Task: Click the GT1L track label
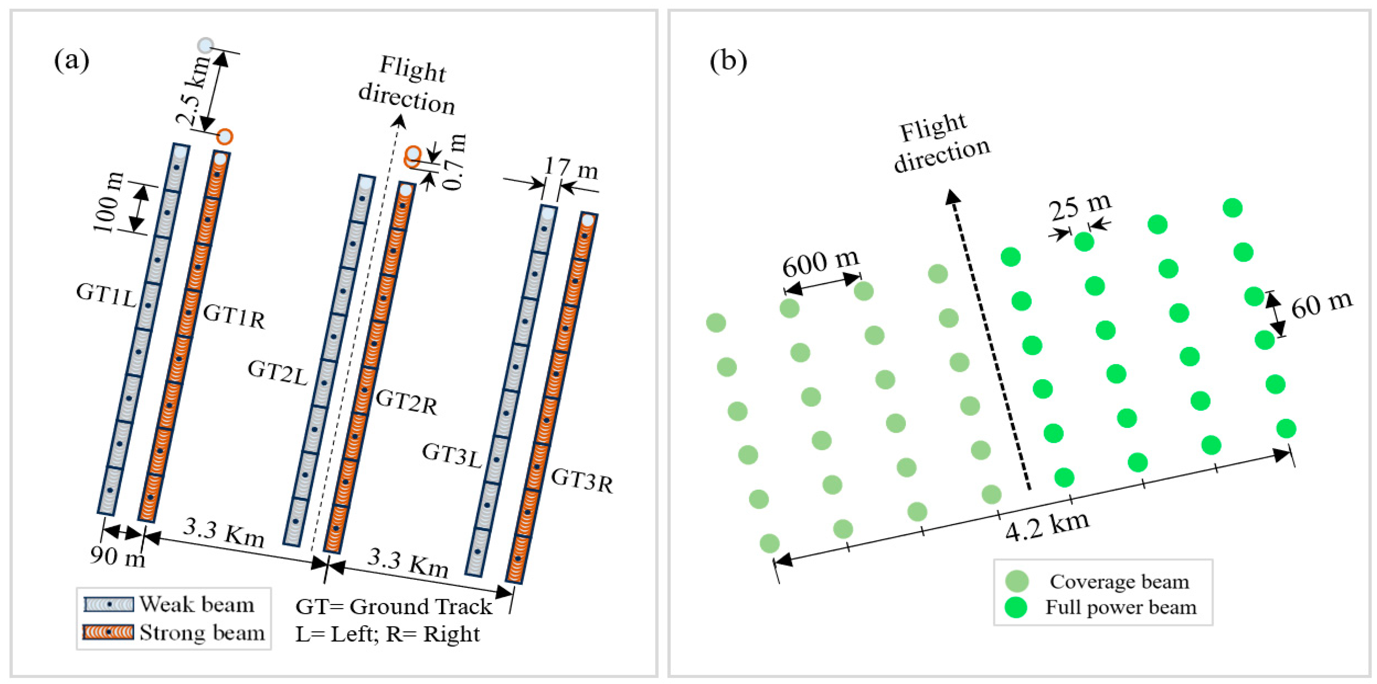pos(106,295)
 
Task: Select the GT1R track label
pos(234,316)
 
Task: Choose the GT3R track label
pos(582,480)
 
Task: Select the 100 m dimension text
pos(109,203)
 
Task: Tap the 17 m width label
pos(571,169)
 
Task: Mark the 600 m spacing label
pos(821,263)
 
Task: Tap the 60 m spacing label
pos(1321,305)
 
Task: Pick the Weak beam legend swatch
pos(109,604)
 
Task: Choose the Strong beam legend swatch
pos(109,632)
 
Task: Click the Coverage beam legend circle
pos(1016,581)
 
